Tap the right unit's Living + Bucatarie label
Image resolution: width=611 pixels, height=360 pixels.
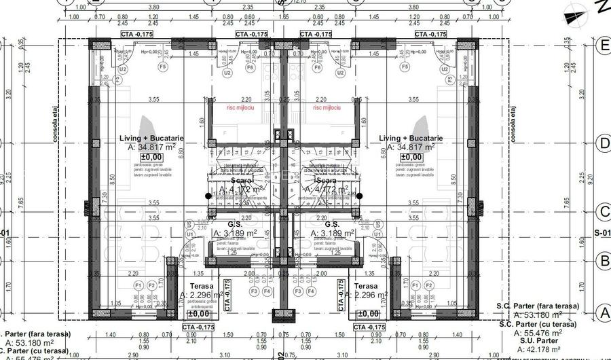(410, 138)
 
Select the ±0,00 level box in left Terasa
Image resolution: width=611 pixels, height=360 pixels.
(198, 314)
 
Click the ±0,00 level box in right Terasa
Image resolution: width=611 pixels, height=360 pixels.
(368, 314)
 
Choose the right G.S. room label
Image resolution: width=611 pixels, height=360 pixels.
(332, 223)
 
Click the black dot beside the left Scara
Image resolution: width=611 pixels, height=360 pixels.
(208, 196)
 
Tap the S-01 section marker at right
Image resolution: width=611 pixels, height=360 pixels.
(602, 233)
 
